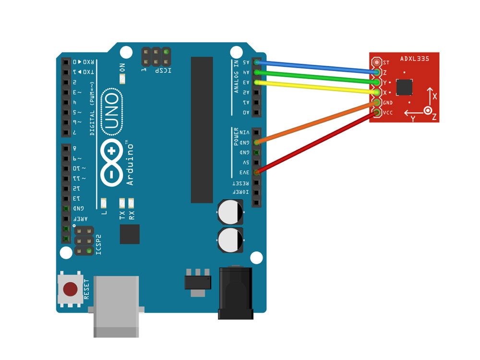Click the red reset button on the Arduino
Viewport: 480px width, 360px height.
(70, 289)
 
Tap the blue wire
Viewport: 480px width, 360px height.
(317, 67)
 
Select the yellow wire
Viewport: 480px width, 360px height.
(317, 87)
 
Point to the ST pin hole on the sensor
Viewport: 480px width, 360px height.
(377, 62)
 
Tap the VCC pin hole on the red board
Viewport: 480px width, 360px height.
(377, 113)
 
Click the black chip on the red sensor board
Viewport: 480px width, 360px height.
(405, 87)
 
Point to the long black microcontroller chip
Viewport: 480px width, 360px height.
(202, 130)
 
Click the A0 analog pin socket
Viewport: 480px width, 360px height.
(257, 113)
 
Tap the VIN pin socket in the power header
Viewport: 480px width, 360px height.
(257, 132)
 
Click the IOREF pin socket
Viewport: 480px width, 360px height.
(257, 192)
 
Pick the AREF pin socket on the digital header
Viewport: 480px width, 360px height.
(66, 219)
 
